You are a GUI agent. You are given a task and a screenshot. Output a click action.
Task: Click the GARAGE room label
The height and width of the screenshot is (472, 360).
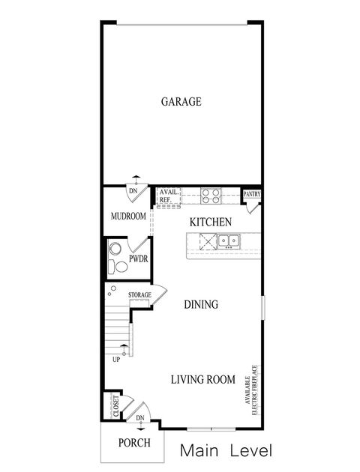[x=181, y=101]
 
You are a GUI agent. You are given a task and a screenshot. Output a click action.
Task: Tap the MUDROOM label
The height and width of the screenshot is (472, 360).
[x=127, y=216]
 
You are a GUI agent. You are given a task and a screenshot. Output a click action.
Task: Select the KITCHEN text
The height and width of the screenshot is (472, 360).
[x=209, y=223]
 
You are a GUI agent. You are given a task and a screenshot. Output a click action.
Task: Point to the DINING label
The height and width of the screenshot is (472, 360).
[x=201, y=305]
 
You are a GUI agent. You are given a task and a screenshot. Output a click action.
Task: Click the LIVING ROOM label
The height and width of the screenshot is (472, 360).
[x=202, y=379]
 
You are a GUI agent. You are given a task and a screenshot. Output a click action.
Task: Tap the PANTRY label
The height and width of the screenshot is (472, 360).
[x=252, y=194]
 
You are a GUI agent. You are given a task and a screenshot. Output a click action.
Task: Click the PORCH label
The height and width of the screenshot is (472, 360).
[x=134, y=443]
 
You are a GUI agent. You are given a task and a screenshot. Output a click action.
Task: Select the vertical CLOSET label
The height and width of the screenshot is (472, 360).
[x=115, y=405]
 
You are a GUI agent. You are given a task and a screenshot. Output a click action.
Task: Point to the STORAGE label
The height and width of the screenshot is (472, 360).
[x=139, y=295]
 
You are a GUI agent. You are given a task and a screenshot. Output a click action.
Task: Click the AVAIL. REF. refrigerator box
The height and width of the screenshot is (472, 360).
[x=169, y=196]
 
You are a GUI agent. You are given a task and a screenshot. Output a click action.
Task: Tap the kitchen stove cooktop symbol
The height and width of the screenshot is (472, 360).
[x=210, y=196]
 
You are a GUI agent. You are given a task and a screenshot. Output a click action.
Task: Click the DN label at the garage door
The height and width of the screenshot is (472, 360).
[x=133, y=191]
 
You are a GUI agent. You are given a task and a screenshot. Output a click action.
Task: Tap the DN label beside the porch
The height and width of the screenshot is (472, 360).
[x=140, y=418]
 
